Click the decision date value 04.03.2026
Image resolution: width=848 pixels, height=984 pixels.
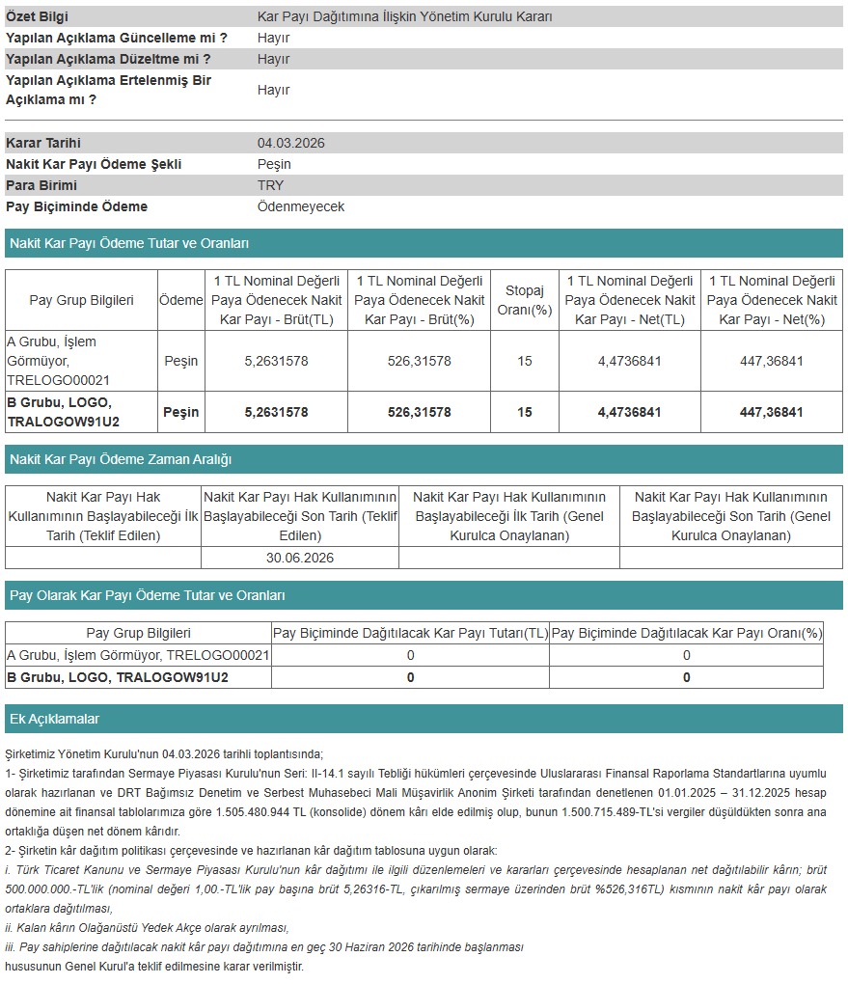[290, 143]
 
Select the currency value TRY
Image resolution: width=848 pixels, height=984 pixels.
[270, 185]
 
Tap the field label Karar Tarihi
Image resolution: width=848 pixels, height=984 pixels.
[43, 143]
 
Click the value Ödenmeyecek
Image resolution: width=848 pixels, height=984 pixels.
[300, 206]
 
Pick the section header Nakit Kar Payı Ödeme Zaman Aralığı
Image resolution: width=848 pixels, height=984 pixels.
[121, 459]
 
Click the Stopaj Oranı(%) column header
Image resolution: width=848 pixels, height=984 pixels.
[524, 300]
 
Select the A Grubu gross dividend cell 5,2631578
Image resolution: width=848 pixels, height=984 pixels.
[276, 361]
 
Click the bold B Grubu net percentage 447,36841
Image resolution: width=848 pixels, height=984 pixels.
[771, 412]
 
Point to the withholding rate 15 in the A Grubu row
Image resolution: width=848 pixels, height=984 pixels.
[524, 361]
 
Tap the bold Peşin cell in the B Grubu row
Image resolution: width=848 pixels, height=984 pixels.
[180, 412]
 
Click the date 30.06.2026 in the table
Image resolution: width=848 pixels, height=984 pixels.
[299, 558]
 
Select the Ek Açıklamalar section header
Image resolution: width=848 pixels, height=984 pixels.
[54, 719]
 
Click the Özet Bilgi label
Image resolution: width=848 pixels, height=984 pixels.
[38, 16]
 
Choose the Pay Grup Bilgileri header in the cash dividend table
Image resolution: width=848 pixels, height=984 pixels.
[81, 300]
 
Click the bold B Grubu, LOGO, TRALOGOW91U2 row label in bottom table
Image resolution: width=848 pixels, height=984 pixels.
[118, 677]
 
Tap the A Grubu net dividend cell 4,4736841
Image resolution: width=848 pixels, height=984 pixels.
[629, 361]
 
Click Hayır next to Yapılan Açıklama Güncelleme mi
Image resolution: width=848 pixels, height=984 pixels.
[273, 38]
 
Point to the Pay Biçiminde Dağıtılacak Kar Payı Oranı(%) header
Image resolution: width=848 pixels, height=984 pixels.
[686, 633]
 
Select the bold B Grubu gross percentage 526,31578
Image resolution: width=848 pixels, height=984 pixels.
[419, 412]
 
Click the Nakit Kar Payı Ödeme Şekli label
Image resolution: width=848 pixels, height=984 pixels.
[94, 164]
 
